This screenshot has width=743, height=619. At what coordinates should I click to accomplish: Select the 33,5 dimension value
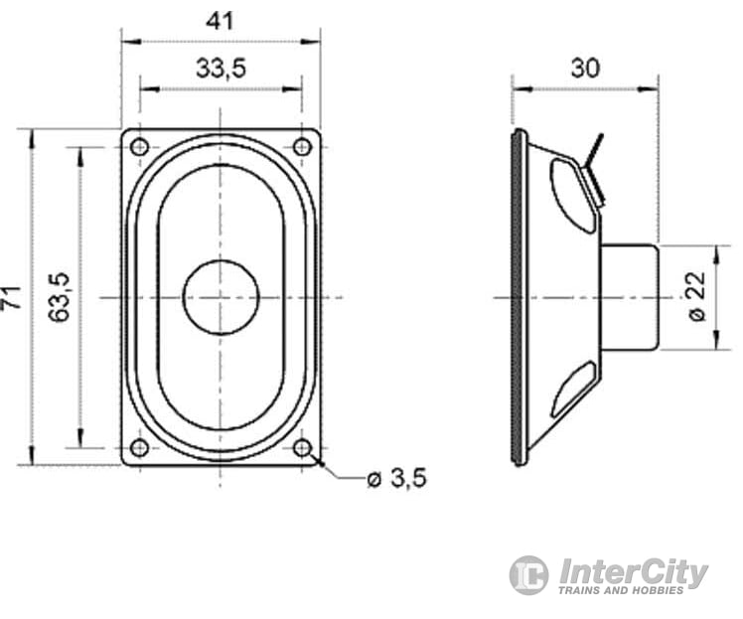pyautogui.click(x=221, y=69)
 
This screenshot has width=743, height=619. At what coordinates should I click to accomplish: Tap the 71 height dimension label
pyautogui.click(x=13, y=297)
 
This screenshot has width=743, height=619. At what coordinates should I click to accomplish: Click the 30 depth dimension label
pyautogui.click(x=586, y=69)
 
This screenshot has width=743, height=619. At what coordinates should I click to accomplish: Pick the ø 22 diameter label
pyautogui.click(x=697, y=296)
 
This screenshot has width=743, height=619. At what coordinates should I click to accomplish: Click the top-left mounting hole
pyautogui.click(x=140, y=147)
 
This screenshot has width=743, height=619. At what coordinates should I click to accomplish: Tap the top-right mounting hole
pyautogui.click(x=302, y=147)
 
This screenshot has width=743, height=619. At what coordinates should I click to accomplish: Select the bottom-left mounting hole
pyautogui.click(x=140, y=447)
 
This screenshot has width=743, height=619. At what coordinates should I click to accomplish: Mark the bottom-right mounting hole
pyautogui.click(x=302, y=447)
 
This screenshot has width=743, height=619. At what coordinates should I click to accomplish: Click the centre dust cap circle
pyautogui.click(x=221, y=297)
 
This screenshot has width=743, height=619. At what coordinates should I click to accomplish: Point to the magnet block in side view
pyautogui.click(x=630, y=297)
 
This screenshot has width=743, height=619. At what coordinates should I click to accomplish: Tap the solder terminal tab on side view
pyautogui.click(x=595, y=169)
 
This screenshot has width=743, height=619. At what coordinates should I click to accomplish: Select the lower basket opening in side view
pyautogui.click(x=572, y=390)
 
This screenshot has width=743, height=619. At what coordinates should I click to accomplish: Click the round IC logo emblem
pyautogui.click(x=529, y=575)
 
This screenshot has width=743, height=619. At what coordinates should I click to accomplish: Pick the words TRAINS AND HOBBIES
pyautogui.click(x=621, y=590)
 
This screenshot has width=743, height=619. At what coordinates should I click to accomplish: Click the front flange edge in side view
pyautogui.click(x=518, y=297)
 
